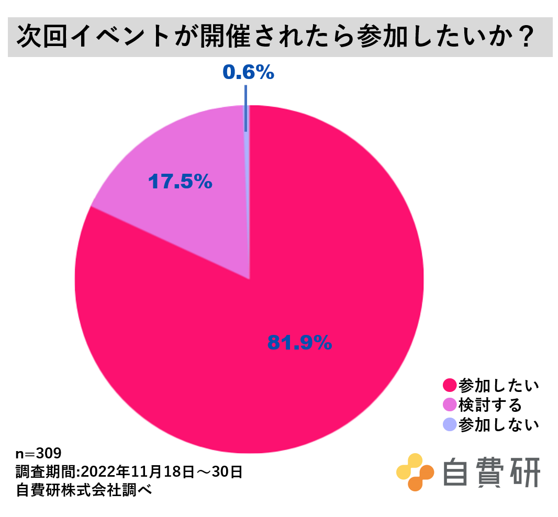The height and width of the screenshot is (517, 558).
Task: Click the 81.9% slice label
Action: pos(299,342)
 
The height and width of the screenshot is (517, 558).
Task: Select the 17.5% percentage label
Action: pos(180,182)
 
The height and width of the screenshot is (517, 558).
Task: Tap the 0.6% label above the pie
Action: pos(248,73)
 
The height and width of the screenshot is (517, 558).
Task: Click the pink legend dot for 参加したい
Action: pos(449,386)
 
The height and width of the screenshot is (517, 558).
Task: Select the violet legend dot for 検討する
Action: pos(449,405)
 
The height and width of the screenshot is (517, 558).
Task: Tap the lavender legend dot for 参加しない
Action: pos(449,424)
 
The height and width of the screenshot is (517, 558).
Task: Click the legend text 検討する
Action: pos(489,405)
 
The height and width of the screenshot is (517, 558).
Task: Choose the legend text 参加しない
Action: pos(498,424)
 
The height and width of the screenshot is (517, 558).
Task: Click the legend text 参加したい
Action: pos(498,386)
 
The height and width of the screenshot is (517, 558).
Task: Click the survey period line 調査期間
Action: pos(129,472)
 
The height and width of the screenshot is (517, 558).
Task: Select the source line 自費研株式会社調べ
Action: pos(84,491)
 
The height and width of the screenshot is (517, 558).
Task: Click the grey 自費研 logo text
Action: pos(491,472)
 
